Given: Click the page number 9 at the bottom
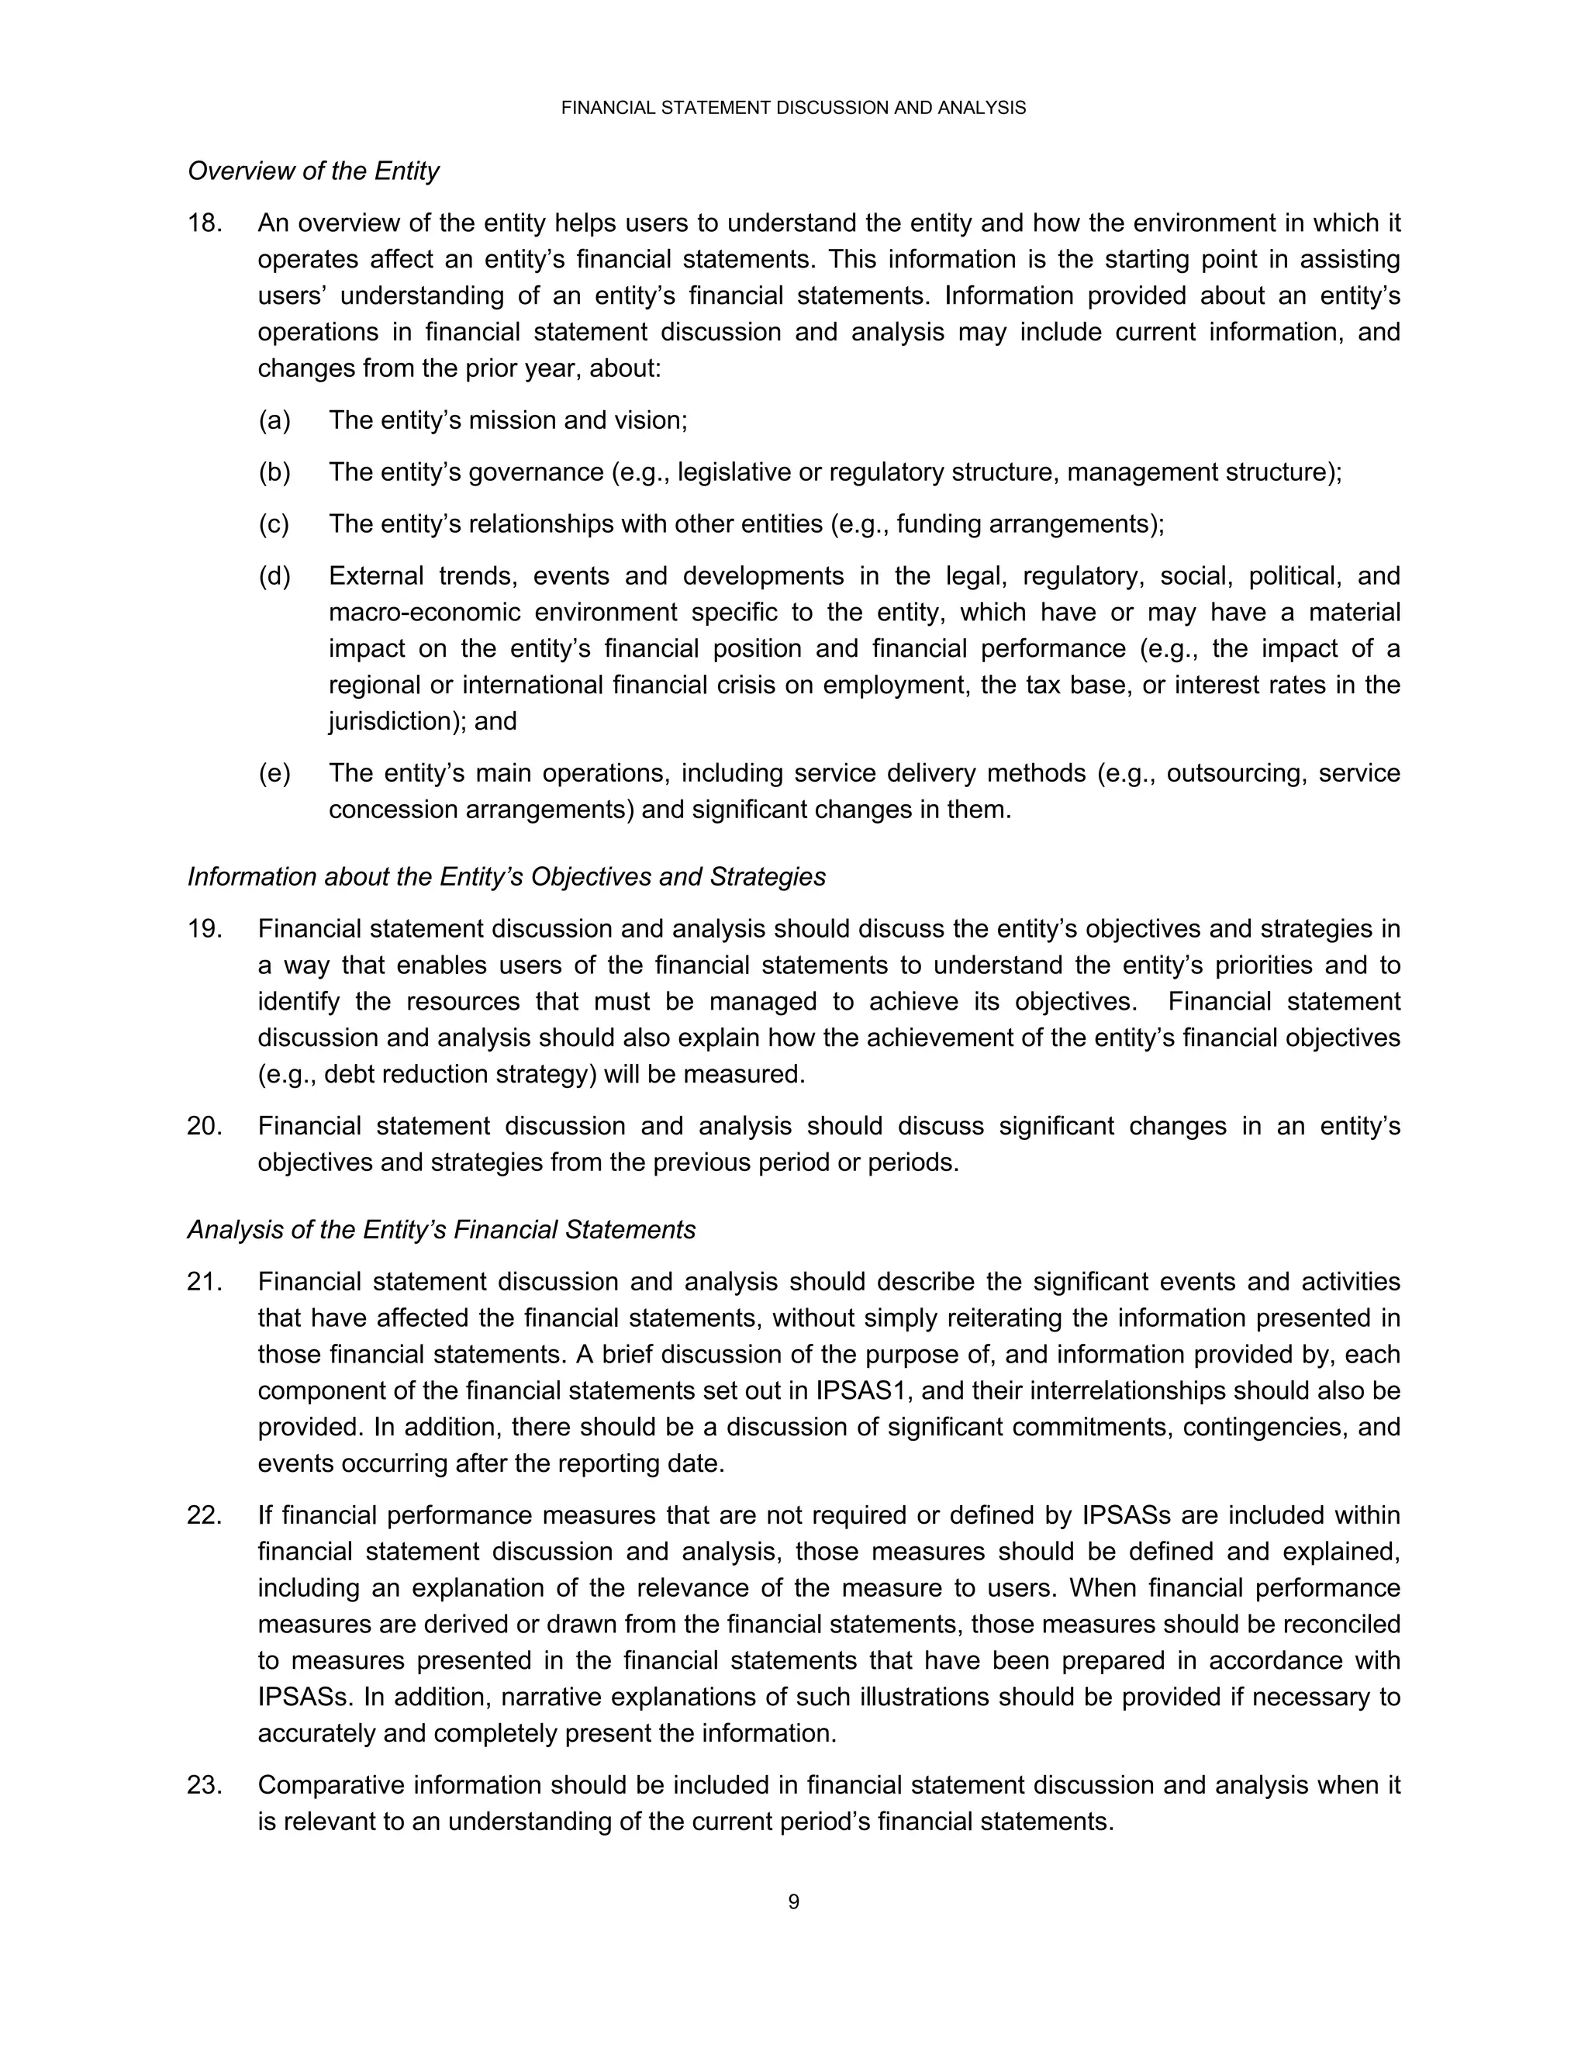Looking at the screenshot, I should pyautogui.click(x=793, y=1901).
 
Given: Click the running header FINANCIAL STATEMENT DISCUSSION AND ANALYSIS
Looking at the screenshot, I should pyautogui.click(x=793, y=109).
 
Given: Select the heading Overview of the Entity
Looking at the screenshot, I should pyautogui.click(x=313, y=171).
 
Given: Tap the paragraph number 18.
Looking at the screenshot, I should pyautogui.click(x=204, y=223).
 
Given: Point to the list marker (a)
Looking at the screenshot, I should pyautogui.click(x=274, y=420).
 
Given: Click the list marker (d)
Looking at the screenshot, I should pyautogui.click(x=274, y=576).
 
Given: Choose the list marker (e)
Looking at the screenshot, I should pyautogui.click(x=274, y=773).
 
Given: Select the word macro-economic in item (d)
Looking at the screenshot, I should pyautogui.click(x=423, y=613).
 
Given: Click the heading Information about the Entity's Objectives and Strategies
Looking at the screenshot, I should pyautogui.click(x=506, y=877).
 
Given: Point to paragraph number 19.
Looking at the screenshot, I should pyautogui.click(x=204, y=929).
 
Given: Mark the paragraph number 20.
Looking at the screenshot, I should pyautogui.click(x=204, y=1126).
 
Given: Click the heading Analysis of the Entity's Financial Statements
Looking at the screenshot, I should pyautogui.click(x=441, y=1230).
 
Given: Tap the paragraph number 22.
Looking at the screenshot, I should pyautogui.click(x=204, y=1516).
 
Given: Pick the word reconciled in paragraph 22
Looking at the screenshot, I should pyautogui.click(x=1340, y=1625).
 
